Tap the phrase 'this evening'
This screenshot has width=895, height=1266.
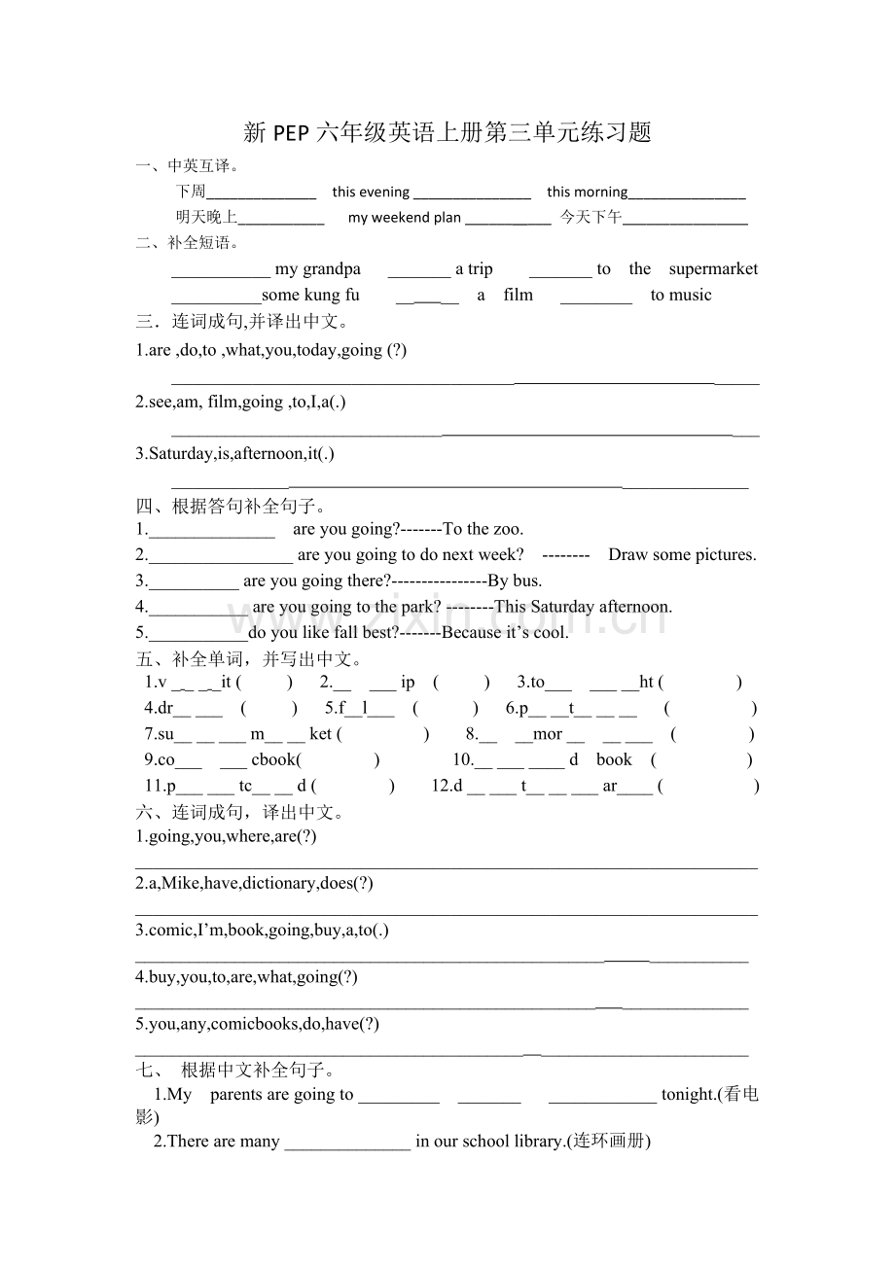[x=371, y=193]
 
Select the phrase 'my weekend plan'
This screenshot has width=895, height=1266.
[x=404, y=218]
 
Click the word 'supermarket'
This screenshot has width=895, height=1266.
[x=713, y=269]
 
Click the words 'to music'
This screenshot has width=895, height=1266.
[x=681, y=295]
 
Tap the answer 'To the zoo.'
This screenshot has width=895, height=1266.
[x=483, y=529]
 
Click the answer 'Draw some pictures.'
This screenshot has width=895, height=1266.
[x=682, y=555]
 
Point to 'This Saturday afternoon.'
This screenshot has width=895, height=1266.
[x=583, y=607]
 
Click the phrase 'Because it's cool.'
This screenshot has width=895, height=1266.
[x=505, y=633]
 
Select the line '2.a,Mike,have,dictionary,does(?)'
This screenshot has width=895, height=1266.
[x=254, y=883]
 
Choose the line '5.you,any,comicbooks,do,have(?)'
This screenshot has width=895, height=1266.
[x=257, y=1024]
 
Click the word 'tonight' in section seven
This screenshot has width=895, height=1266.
[x=688, y=1095]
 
